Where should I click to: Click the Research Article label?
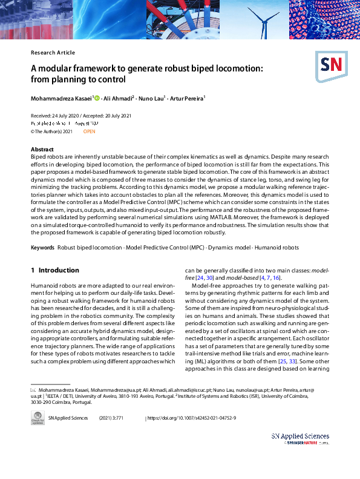[53, 53]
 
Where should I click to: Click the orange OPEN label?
[89, 131]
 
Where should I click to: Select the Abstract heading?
[42, 149]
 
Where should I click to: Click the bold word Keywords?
[42, 248]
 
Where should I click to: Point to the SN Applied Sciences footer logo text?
[300, 437]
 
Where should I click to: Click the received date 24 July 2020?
[61, 116]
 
